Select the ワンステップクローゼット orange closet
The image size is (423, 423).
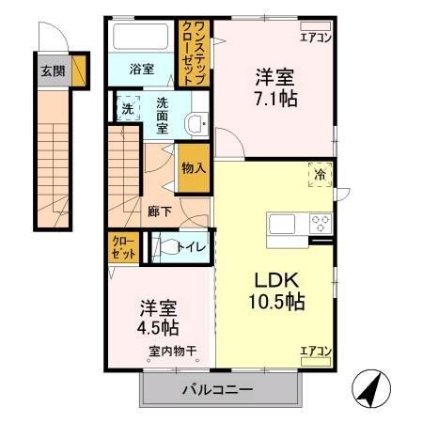pos(194,55)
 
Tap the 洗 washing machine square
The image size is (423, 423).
pos(128,109)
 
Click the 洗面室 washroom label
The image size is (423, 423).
pos(163,115)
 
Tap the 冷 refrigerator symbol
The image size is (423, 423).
pos(320,175)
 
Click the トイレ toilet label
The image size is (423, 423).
pos(186,248)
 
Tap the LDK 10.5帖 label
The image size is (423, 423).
pos(274,290)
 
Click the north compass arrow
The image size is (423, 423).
pos(371,386)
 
